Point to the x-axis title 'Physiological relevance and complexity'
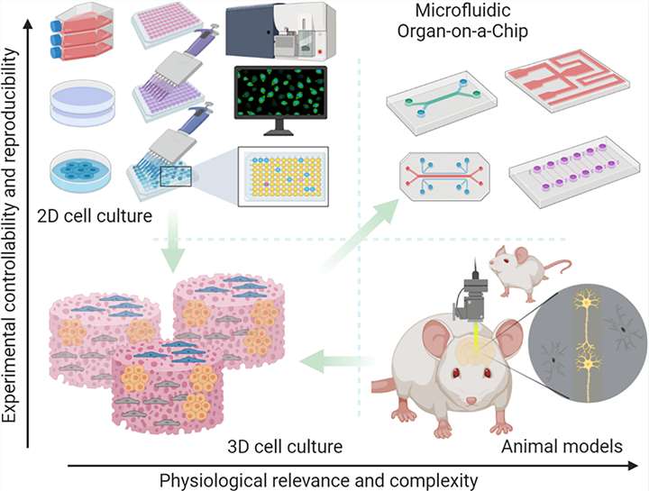coord(325,477)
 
